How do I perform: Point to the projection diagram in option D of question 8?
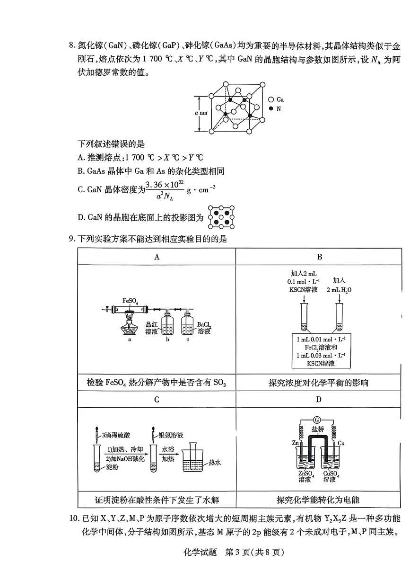[x=221, y=217]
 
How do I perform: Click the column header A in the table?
[x=157, y=257]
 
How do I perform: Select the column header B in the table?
[x=319, y=257]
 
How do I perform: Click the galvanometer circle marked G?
[x=317, y=420]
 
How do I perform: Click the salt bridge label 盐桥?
[x=317, y=430]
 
